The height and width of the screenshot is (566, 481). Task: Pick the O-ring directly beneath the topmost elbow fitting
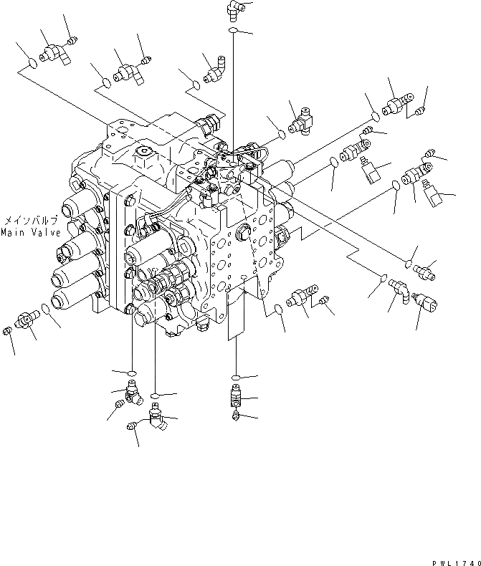click(234, 32)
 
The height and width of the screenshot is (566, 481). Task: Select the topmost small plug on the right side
click(421, 110)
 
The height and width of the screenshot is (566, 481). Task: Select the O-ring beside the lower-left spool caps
click(46, 310)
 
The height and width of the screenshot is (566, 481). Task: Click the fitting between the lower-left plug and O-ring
click(27, 320)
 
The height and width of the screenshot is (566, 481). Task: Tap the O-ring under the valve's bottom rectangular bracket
click(235, 376)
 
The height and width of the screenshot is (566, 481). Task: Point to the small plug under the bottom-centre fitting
click(236, 416)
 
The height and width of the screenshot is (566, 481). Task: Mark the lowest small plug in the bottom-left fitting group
click(131, 427)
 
